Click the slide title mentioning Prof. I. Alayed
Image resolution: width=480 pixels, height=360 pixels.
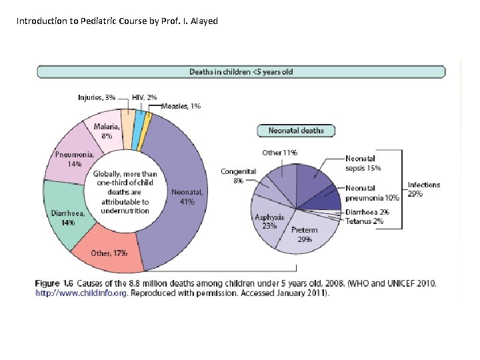117,21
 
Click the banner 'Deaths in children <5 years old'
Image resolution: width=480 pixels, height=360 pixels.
241,72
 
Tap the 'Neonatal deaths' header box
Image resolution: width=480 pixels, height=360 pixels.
296,131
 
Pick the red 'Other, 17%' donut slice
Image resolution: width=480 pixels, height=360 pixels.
109,253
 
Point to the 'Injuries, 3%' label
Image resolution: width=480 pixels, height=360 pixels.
97,97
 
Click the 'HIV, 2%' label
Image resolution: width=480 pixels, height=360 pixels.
145,97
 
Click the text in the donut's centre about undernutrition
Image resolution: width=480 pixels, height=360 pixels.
125,192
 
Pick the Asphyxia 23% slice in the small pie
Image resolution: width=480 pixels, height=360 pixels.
269,221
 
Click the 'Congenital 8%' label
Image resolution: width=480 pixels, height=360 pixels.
238,176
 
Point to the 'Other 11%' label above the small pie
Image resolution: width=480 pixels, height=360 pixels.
279,153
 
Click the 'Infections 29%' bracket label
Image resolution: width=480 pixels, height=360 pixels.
424,189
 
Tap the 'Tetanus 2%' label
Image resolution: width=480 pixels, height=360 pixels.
364,221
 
